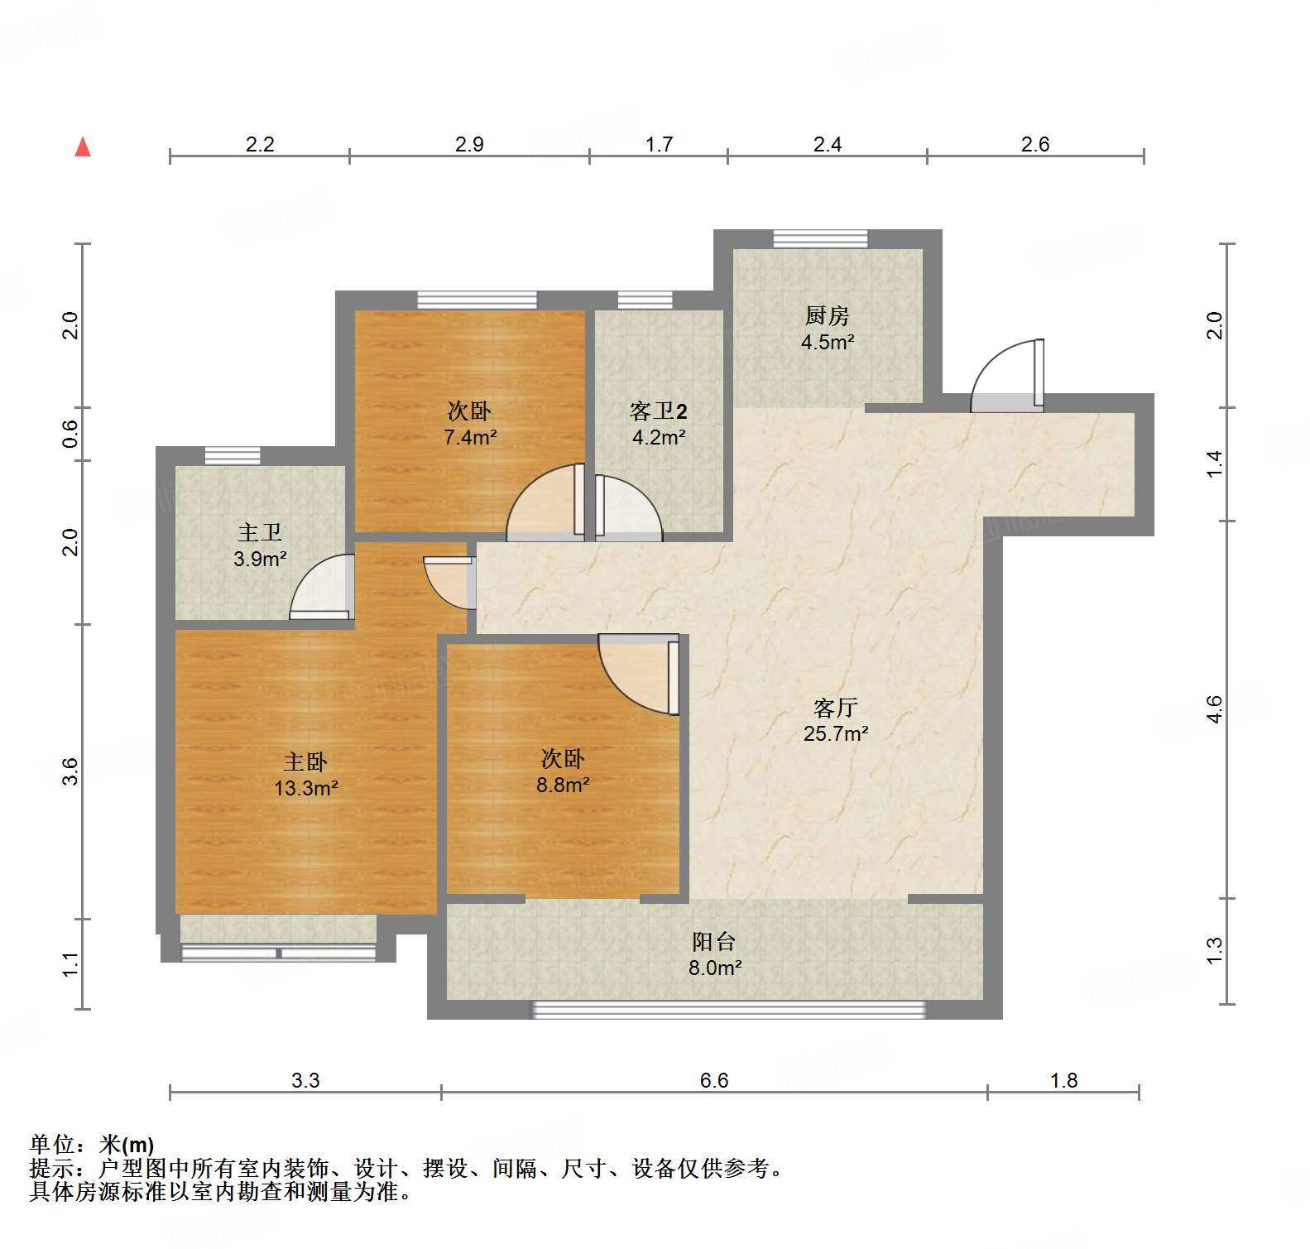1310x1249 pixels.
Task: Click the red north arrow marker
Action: click(83, 147)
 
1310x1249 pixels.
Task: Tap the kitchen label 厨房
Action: click(827, 315)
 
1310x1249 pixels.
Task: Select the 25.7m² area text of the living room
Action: click(836, 733)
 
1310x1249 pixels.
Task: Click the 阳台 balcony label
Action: click(713, 942)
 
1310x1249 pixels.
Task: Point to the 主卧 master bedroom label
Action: click(305, 761)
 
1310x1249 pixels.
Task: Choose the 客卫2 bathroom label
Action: click(658, 411)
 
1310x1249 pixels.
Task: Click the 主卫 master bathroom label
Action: click(259, 532)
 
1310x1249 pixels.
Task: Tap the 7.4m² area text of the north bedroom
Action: click(469, 437)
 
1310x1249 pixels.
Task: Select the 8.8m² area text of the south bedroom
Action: click(563, 785)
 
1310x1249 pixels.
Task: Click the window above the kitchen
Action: click(820, 239)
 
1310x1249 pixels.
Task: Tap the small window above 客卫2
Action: click(645, 300)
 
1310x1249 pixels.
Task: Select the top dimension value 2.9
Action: click(469, 144)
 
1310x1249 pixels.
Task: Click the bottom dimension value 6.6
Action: click(713, 1080)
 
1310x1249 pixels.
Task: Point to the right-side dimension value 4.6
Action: click(1214, 709)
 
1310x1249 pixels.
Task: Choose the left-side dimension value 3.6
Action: click(71, 771)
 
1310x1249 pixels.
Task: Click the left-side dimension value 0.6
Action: click(71, 434)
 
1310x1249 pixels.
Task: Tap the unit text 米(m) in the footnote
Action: click(126, 1145)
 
